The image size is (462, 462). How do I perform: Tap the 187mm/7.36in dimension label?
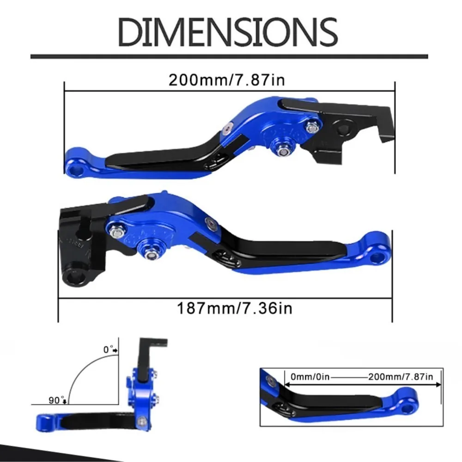coord(235,308)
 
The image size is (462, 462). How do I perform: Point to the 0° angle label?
coord(109,350)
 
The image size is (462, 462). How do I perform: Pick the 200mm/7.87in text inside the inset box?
coord(401,377)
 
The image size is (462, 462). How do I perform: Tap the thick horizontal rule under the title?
coord(229,57)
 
